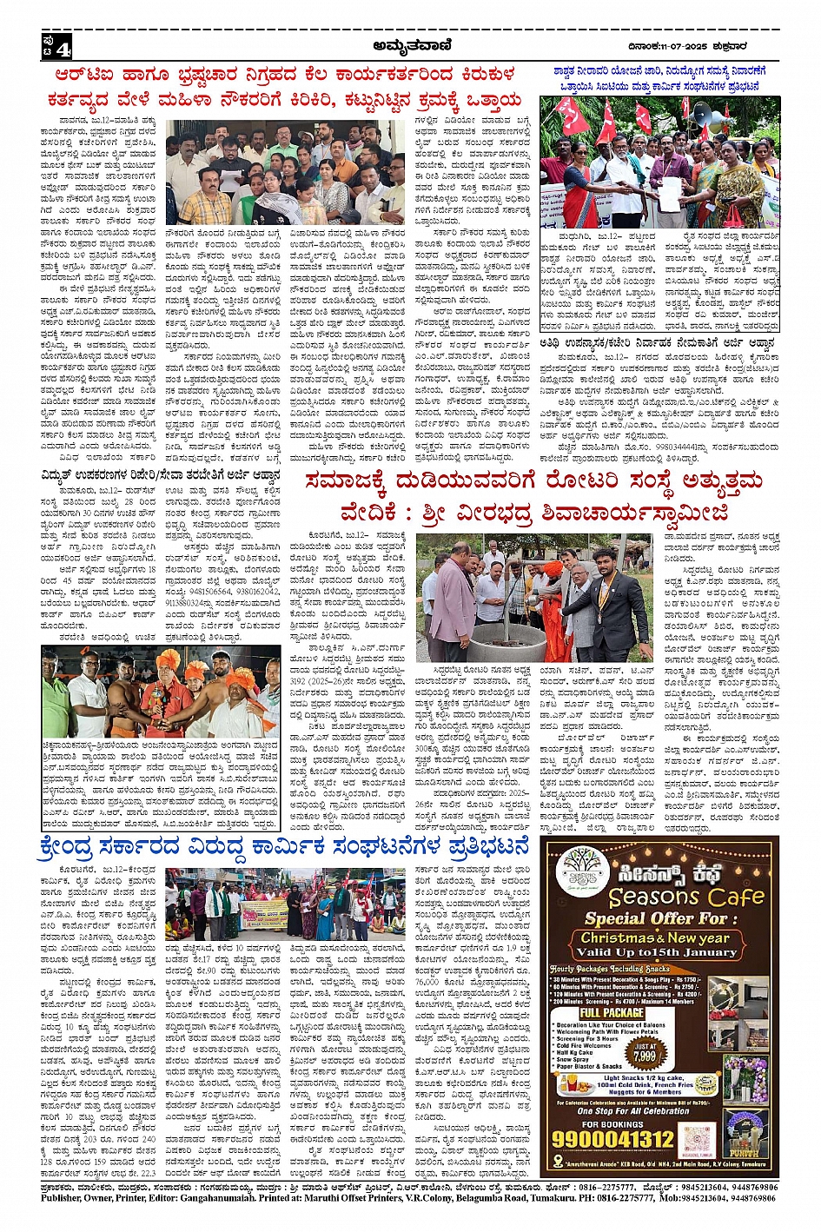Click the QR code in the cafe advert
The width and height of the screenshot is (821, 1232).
click(698, 1139)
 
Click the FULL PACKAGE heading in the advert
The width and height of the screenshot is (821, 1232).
click(612, 1012)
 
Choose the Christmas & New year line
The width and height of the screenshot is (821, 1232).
click(655, 937)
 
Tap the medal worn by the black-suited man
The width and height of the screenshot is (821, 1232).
click(608, 605)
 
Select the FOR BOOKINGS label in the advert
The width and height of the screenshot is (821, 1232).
click(614, 1123)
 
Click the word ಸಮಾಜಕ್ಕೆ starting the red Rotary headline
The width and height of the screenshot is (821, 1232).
click(346, 481)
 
